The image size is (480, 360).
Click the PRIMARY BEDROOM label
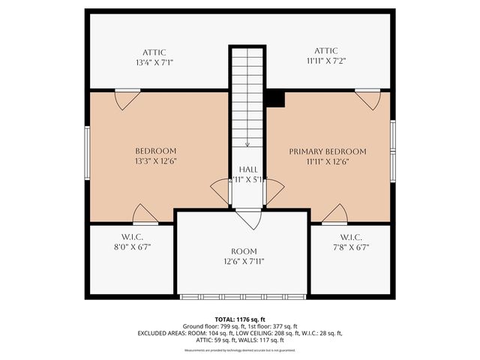pyautogui.click(x=328, y=151)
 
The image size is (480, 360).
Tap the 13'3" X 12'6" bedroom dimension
pyautogui.click(x=156, y=160)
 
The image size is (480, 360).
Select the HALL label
pyautogui.click(x=247, y=170)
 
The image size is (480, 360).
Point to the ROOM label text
pyautogui.click(x=244, y=251)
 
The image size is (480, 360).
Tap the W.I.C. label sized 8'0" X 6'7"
pyautogui.click(x=131, y=236)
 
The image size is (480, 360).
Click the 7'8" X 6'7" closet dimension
pyautogui.click(x=348, y=246)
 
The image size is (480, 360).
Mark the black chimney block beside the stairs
pyautogui.click(x=276, y=98)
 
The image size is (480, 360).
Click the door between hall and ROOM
pyautogui.click(x=247, y=217)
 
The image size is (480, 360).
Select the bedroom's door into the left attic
pyautogui.click(x=127, y=97)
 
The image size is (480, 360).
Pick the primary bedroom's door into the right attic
pyautogui.click(x=367, y=97)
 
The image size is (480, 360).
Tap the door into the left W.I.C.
pyautogui.click(x=145, y=214)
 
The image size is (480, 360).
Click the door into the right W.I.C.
pyautogui.click(x=334, y=214)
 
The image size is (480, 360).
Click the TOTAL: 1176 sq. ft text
pyautogui.click(x=240, y=319)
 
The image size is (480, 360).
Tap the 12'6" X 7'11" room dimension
pyautogui.click(x=244, y=261)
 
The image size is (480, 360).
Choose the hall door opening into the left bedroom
pyautogui.click(x=220, y=191)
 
